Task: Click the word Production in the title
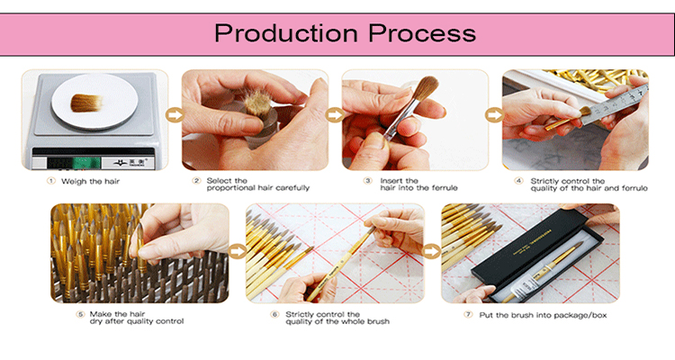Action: tap(286, 33)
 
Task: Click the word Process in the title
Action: tap(422, 33)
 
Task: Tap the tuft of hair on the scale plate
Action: tap(86, 103)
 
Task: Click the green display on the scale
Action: tap(86, 163)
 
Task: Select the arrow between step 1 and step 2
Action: tap(175, 115)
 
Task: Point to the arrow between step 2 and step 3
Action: tap(335, 115)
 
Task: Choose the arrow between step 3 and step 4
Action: tap(495, 115)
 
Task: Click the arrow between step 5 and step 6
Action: tap(238, 251)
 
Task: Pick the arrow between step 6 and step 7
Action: tap(432, 251)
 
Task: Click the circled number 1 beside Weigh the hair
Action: tap(51, 181)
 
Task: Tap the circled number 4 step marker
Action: tap(518, 181)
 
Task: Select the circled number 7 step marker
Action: tap(468, 315)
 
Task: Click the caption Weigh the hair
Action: tap(90, 181)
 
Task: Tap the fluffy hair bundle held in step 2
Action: tap(257, 103)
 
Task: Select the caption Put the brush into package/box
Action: tap(543, 315)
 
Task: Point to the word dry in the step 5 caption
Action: tap(96, 321)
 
